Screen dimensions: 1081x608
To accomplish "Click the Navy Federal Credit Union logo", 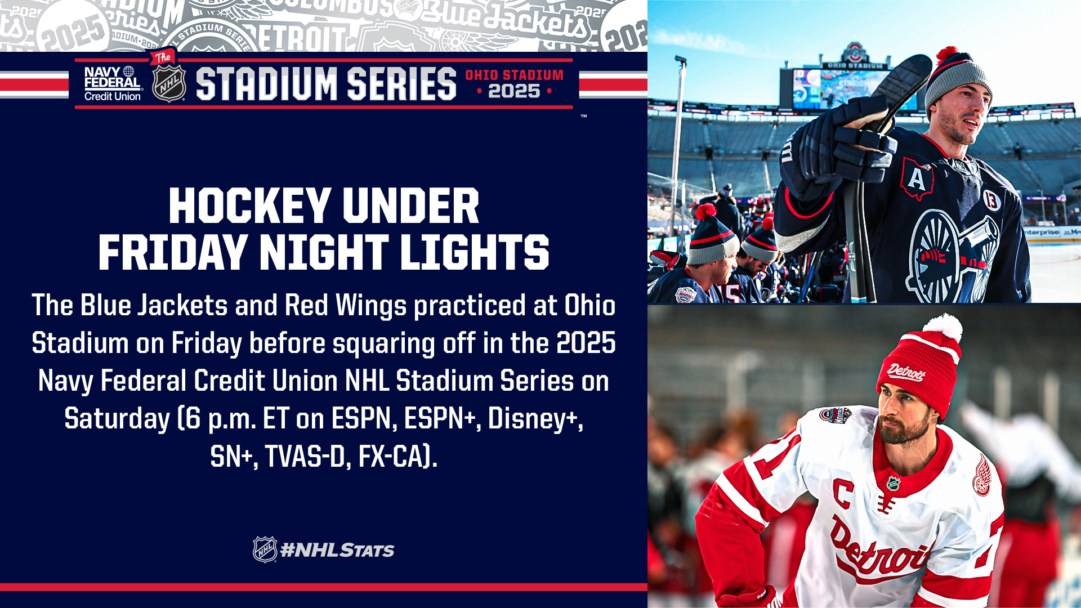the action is point(112,84).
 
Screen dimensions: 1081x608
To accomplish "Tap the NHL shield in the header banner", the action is point(169,83).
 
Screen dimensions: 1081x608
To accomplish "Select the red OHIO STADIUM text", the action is point(514,75).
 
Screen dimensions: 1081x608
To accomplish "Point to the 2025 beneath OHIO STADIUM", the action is point(514,91).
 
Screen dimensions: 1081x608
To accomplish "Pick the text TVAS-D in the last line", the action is point(305,456).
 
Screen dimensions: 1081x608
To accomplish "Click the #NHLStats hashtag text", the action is point(337,550).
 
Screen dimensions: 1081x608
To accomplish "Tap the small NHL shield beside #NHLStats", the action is point(265,549).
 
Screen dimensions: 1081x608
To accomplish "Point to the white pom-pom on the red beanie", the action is point(944,328).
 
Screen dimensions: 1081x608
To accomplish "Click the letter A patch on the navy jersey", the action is point(917,178).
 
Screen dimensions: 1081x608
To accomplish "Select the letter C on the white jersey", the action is point(843,493).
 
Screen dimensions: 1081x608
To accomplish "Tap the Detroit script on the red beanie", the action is point(906,372).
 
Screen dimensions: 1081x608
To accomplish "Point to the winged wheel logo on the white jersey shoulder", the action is point(982,476).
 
